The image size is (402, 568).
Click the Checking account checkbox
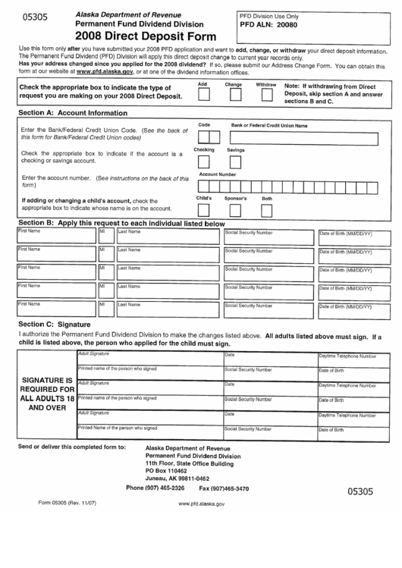coord(203,161)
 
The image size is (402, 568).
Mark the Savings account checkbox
coord(235,161)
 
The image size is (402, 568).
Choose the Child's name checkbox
coord(203,209)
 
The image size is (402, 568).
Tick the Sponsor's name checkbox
coord(235,209)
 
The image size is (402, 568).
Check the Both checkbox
coord(266,209)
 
